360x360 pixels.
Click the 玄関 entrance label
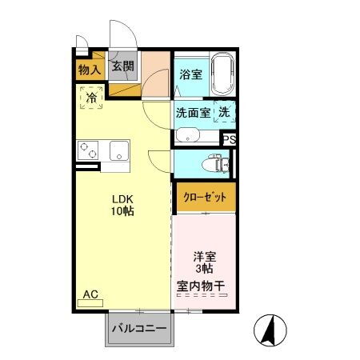pos(122,66)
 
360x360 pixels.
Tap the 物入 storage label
pos(90,70)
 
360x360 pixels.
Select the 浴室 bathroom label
pos(190,74)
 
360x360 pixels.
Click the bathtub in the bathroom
pos(223,74)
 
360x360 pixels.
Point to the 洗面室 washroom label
pos(193,113)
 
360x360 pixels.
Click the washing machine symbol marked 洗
pos(225,111)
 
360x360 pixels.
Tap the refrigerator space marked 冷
pos(91,98)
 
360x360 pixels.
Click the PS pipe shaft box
pos(230,139)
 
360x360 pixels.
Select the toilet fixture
pos(216,163)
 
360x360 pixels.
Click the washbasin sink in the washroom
pos(188,134)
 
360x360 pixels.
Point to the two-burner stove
pos(88,150)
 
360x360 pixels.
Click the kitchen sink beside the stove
pos(119,150)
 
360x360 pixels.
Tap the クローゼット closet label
pos(205,198)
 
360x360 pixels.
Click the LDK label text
pos(122,199)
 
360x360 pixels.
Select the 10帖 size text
pos(122,211)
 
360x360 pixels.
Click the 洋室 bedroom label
pos(205,257)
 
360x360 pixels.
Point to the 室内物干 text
pos(201,286)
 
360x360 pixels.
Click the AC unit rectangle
pos(90,303)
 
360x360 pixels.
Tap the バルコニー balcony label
pos(139,328)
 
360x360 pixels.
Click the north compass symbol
pos(270,330)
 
